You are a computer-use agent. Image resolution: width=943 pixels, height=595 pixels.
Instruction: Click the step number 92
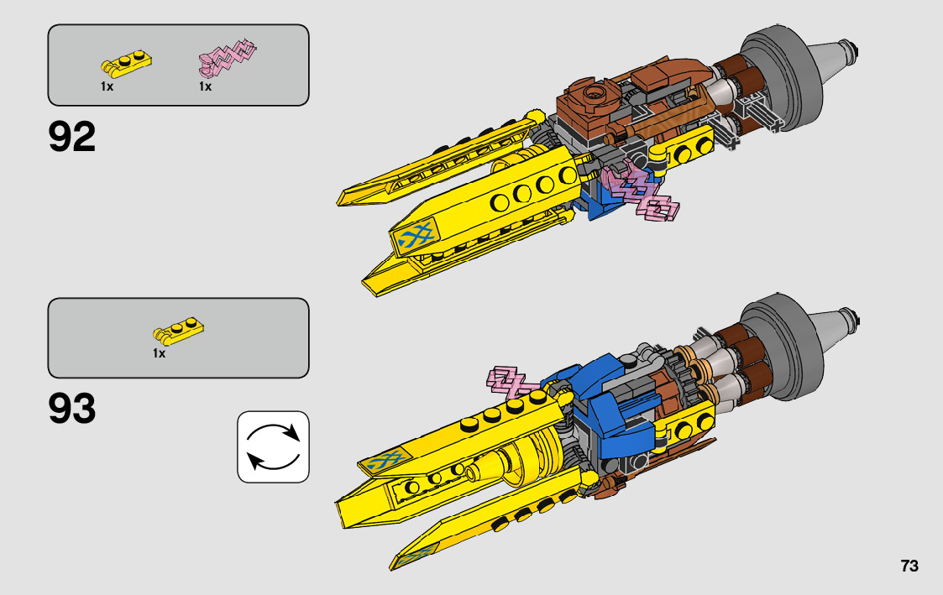point(72,138)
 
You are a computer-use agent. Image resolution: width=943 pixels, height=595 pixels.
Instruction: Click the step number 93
point(72,410)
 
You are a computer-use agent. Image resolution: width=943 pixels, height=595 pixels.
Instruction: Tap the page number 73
point(909,566)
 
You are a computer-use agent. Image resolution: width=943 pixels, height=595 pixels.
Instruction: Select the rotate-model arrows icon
point(273,446)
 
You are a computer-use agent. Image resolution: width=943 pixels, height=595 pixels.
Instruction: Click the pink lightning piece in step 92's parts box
point(226,57)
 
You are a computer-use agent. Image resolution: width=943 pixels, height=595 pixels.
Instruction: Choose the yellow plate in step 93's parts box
point(179,332)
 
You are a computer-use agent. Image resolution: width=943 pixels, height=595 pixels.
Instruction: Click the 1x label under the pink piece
point(205,86)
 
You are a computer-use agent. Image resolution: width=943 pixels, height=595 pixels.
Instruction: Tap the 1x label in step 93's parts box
point(159,354)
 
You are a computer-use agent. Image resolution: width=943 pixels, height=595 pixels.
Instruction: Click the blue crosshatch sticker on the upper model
point(416,240)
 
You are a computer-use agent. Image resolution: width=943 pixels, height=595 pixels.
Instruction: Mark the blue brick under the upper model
point(600,201)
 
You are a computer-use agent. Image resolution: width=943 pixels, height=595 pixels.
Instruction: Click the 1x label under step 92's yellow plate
point(107,86)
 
